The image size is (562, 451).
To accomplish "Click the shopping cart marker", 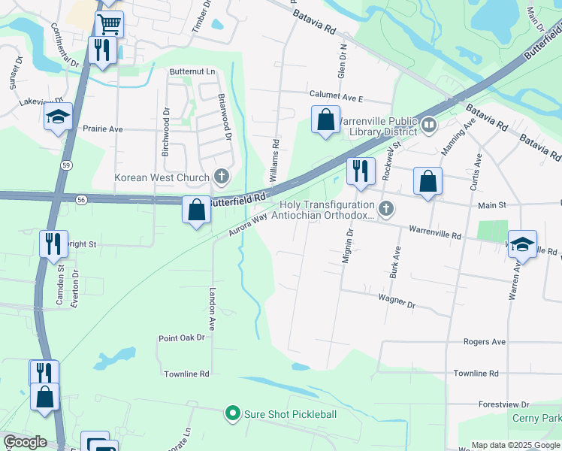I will click(110, 23).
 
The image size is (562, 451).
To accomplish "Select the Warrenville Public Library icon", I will click(430, 125).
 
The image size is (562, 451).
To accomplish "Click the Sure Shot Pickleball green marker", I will click(233, 413).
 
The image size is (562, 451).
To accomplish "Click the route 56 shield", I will click(81, 199).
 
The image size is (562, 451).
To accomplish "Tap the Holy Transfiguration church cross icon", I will click(386, 209).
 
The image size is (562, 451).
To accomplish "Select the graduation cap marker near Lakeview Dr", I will click(58, 118).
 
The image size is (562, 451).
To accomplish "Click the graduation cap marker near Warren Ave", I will click(522, 244).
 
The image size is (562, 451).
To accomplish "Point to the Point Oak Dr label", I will click(181, 338).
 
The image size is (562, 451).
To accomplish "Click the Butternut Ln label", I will click(192, 72).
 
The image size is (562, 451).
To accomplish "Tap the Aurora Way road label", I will click(248, 225).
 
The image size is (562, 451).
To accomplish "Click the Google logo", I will click(24, 442).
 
